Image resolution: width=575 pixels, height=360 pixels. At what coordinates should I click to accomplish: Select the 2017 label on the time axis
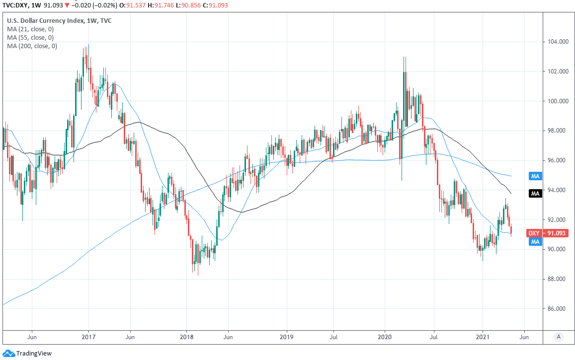pyautogui.click(x=88, y=337)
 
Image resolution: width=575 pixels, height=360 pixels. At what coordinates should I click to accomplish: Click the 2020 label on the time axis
pyautogui.click(x=385, y=337)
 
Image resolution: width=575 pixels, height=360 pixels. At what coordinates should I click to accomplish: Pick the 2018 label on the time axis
pyautogui.click(x=186, y=337)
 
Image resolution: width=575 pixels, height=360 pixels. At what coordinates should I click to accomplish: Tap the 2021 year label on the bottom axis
pyautogui.click(x=483, y=337)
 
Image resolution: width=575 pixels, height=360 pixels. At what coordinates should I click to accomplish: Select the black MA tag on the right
pyautogui.click(x=535, y=193)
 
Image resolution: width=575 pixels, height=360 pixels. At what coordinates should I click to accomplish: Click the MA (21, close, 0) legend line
pyautogui.click(x=30, y=29)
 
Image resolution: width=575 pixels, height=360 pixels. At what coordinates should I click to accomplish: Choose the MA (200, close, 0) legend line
pyautogui.click(x=32, y=46)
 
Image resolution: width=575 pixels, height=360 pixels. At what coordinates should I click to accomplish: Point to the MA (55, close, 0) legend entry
pyautogui.click(x=30, y=38)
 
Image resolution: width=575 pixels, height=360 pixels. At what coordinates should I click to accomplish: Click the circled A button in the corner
pyautogui.click(x=559, y=337)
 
